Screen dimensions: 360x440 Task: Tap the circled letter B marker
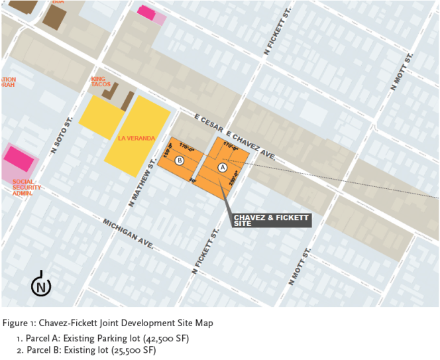click(x=179, y=160)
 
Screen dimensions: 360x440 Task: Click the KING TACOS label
click(x=101, y=82)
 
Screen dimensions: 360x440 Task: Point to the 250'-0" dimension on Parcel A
click(x=233, y=179)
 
